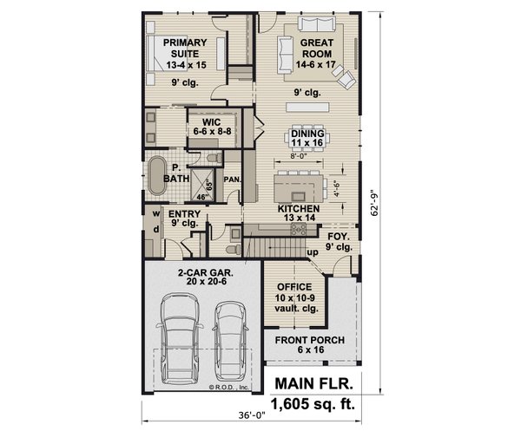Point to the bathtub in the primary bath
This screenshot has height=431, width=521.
coord(157,177)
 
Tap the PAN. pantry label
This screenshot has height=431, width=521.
coord(232,179)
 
